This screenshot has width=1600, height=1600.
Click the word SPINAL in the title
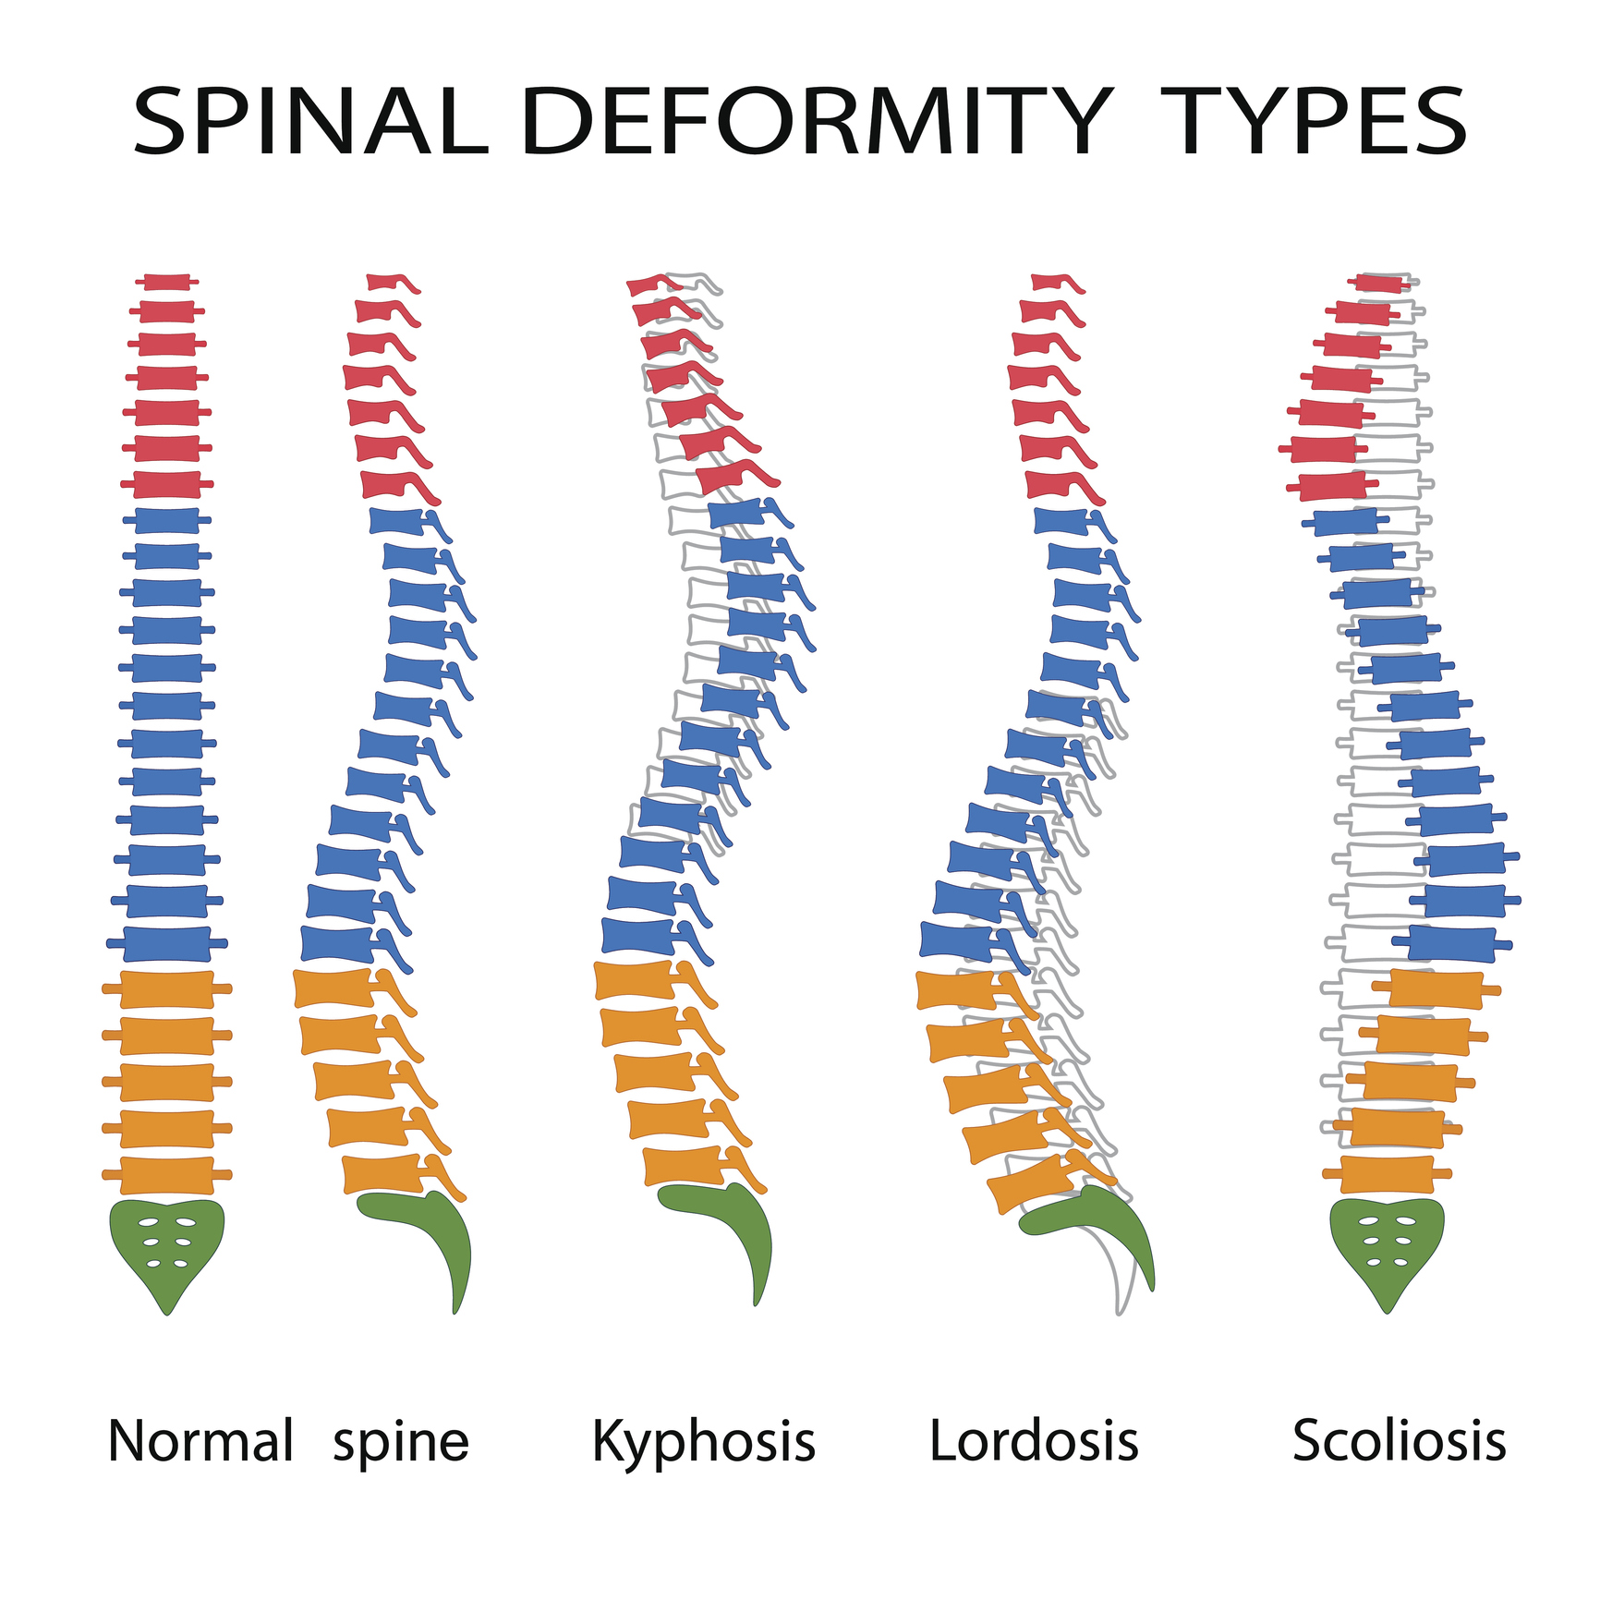pyautogui.click(x=310, y=122)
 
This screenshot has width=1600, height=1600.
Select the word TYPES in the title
pyautogui.click(x=1315, y=122)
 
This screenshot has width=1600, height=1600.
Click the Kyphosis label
pyautogui.click(x=704, y=1443)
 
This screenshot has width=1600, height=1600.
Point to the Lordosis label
pyautogui.click(x=1034, y=1441)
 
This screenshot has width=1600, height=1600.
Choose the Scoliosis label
pyautogui.click(x=1399, y=1441)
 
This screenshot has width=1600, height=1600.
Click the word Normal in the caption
pyautogui.click(x=200, y=1441)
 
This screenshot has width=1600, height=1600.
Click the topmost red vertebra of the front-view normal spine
pyautogui.click(x=167, y=282)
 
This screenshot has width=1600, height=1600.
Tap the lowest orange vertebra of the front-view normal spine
pyautogui.click(x=167, y=1175)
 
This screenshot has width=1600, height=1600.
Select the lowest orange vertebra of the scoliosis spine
pyautogui.click(x=1388, y=1174)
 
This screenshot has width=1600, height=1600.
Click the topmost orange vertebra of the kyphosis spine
pyautogui.click(x=647, y=981)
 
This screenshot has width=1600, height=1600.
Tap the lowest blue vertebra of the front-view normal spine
pyautogui.click(x=167, y=944)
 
